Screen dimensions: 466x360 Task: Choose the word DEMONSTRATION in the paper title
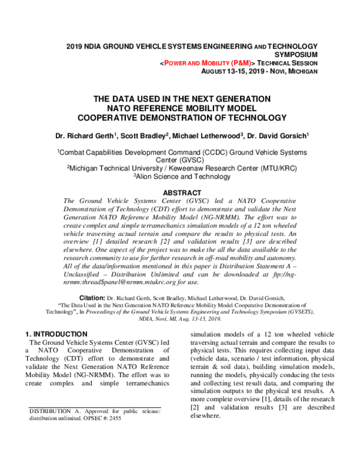pyautogui.click(x=200, y=118)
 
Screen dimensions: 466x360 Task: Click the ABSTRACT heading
pyautogui.click(x=180, y=193)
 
